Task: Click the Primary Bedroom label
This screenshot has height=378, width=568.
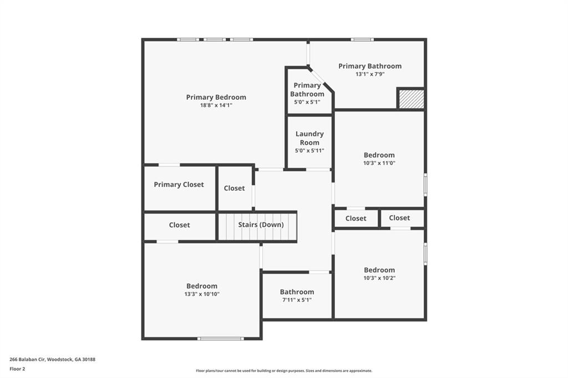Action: click(216, 97)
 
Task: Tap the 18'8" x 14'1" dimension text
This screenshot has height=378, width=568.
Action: click(216, 105)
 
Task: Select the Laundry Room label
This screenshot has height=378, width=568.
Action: click(310, 138)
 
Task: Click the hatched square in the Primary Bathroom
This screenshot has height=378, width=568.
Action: click(412, 99)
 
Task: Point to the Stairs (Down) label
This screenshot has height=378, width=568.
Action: click(261, 224)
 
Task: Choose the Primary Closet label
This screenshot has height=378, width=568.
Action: click(179, 185)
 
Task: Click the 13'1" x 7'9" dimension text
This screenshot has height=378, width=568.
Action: click(370, 74)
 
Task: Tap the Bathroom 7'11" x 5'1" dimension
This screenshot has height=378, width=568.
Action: click(297, 300)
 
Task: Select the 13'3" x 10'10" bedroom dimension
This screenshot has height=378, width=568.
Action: click(202, 294)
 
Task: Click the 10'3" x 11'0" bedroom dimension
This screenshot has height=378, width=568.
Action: click(379, 163)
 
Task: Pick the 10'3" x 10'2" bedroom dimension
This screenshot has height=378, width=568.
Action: click(379, 278)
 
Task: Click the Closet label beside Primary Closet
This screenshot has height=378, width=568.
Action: click(234, 188)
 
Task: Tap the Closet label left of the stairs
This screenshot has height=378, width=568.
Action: click(179, 224)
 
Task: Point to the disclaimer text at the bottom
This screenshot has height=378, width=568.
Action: click(283, 371)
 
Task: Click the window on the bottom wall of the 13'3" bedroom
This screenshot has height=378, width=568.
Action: click(220, 338)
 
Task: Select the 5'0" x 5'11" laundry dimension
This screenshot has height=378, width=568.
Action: click(310, 150)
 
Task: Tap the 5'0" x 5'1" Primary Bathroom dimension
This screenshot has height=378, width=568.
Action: click(307, 102)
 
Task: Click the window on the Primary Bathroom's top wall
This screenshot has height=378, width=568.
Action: click(362, 39)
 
